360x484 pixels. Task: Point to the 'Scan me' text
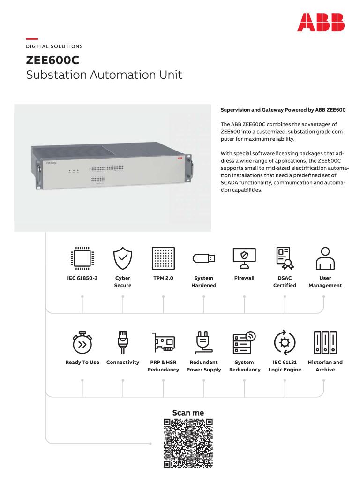pyautogui.click(x=188, y=413)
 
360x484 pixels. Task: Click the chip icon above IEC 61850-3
pyautogui.click(x=82, y=258)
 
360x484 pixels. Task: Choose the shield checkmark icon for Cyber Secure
pyautogui.click(x=123, y=258)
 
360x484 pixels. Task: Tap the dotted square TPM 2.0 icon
pyautogui.click(x=163, y=258)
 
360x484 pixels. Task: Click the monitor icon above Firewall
pyautogui.click(x=244, y=258)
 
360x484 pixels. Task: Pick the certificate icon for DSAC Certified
pyautogui.click(x=285, y=258)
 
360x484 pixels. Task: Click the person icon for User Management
pyautogui.click(x=324, y=258)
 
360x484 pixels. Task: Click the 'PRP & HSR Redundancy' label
pyautogui.click(x=163, y=366)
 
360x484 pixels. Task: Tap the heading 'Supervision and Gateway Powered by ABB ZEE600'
pyautogui.click(x=283, y=110)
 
